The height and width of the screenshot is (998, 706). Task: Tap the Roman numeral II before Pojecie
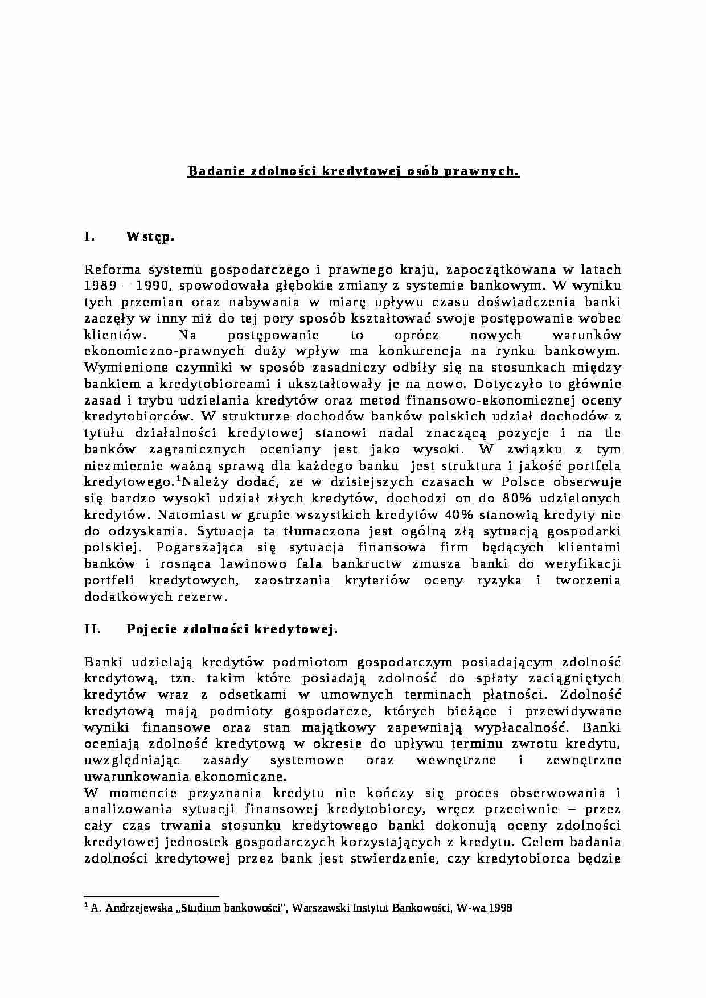(x=92, y=629)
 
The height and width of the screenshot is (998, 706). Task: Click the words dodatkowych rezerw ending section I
(x=155, y=597)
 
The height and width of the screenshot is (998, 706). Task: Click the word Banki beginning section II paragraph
(x=103, y=662)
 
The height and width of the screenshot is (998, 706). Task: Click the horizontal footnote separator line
(x=151, y=896)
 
